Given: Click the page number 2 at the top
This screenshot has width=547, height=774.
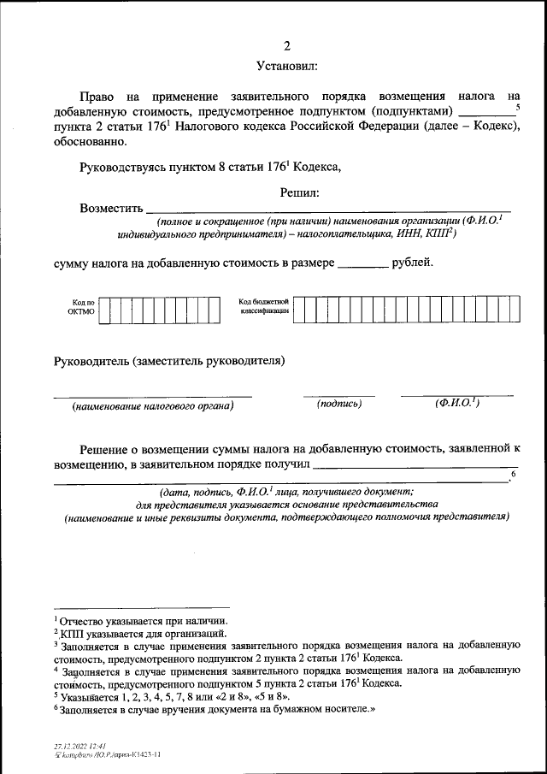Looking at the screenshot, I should (286, 45).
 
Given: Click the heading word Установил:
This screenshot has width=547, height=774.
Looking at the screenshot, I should (286, 66).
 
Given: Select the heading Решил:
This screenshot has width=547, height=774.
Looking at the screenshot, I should (299, 193).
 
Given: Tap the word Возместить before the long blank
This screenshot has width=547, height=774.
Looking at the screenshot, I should (110, 208).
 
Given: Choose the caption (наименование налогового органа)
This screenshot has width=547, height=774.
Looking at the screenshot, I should (153, 405).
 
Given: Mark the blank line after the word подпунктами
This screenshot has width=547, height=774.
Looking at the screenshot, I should (486, 113).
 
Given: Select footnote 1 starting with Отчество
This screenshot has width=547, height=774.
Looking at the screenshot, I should (141, 621).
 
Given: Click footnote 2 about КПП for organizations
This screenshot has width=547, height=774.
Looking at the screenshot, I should (141, 634).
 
